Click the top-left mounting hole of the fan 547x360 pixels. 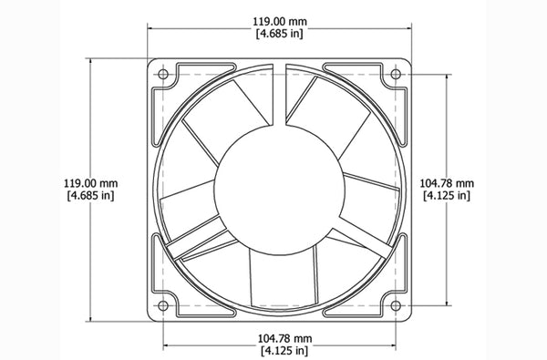coord(163,73)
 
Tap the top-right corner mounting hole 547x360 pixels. coord(397,73)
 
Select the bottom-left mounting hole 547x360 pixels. coord(163,304)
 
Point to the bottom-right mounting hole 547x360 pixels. coord(397,304)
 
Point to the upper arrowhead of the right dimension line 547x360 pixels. coord(446,77)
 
